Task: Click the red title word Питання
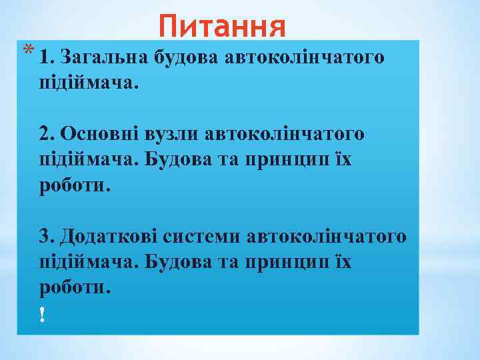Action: point(223,27)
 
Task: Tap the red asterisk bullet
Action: point(26,50)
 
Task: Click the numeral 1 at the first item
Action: point(44,58)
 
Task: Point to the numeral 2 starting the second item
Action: point(44,135)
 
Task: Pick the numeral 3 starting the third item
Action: point(44,236)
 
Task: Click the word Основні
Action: point(99,135)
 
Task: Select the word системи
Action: point(203,236)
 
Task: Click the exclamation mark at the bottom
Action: point(43,313)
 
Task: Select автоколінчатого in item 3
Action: point(326,236)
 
